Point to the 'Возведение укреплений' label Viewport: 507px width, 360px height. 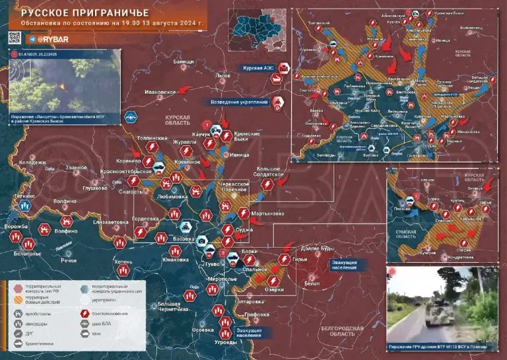[239, 102]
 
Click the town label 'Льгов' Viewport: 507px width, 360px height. [222, 75]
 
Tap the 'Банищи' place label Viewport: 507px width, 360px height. [183, 61]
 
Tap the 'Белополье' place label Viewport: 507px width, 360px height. [27, 253]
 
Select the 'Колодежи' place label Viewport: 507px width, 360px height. [32, 162]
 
